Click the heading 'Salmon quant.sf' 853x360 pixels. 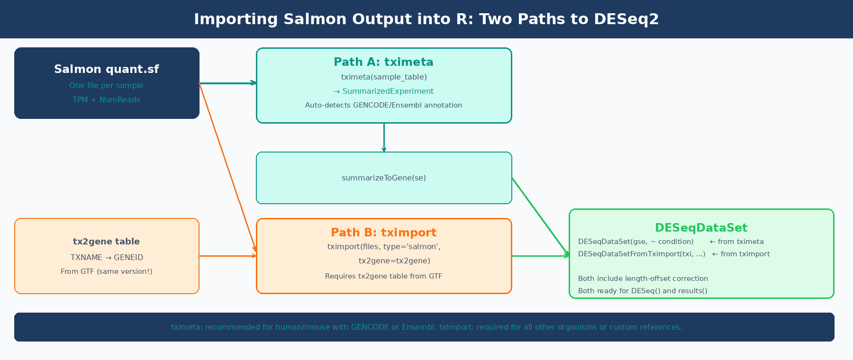107,69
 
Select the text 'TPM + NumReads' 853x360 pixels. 107,100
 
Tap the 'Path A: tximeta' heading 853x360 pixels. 383,62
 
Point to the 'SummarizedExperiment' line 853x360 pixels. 384,91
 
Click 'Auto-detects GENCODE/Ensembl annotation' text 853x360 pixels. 383,105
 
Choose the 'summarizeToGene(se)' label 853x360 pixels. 383,178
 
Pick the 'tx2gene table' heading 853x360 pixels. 107,242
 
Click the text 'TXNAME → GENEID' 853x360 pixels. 107,258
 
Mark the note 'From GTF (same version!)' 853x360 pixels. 107,271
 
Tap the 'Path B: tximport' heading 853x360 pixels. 383,233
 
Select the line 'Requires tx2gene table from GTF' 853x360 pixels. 383,276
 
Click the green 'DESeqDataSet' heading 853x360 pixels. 701,228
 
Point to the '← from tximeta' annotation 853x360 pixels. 737,242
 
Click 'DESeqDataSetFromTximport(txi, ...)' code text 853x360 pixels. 642,254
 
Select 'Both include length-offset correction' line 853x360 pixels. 643,279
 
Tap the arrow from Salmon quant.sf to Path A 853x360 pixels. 227,83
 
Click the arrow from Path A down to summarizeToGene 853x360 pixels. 384,137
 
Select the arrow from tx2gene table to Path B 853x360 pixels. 227,256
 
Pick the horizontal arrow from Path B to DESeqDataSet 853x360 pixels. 540,256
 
